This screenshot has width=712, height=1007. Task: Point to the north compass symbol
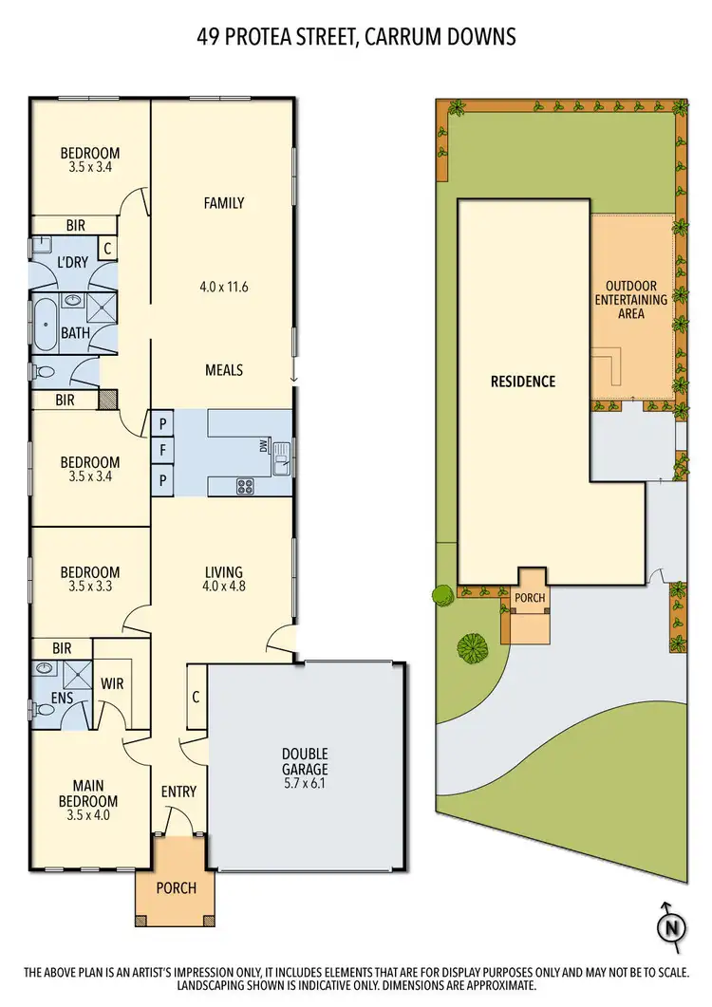[672, 925]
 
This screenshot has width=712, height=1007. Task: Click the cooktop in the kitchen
[245, 486]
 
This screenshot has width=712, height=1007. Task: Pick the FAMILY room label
[224, 202]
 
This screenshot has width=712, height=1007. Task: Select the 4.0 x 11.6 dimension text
[224, 285]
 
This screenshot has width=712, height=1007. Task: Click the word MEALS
[224, 369]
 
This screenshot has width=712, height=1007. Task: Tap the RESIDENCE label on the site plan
[522, 382]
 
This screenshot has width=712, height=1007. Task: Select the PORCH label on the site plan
[528, 599]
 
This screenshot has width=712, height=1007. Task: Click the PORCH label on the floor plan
[177, 887]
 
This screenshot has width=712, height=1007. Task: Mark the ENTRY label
[178, 792]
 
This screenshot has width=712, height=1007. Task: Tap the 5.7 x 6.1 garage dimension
[305, 784]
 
